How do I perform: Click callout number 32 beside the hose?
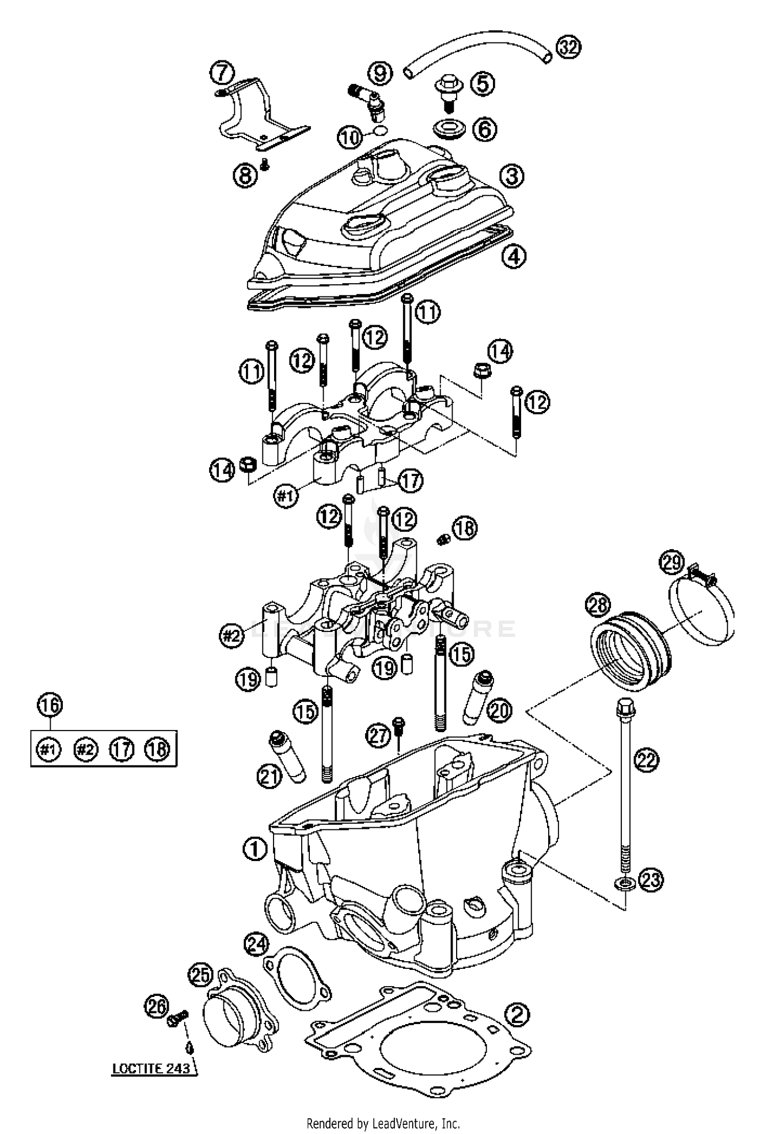(x=569, y=48)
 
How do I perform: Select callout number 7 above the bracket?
(x=222, y=73)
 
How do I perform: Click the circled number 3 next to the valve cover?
(x=512, y=176)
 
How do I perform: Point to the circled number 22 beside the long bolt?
(x=646, y=760)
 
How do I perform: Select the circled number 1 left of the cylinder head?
(x=255, y=850)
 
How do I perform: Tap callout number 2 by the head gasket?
(x=517, y=1013)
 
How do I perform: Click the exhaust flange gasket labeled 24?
(x=297, y=978)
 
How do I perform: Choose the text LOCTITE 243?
(x=151, y=1068)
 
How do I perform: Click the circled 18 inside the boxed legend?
(x=156, y=750)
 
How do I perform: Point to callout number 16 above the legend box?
(x=50, y=706)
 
